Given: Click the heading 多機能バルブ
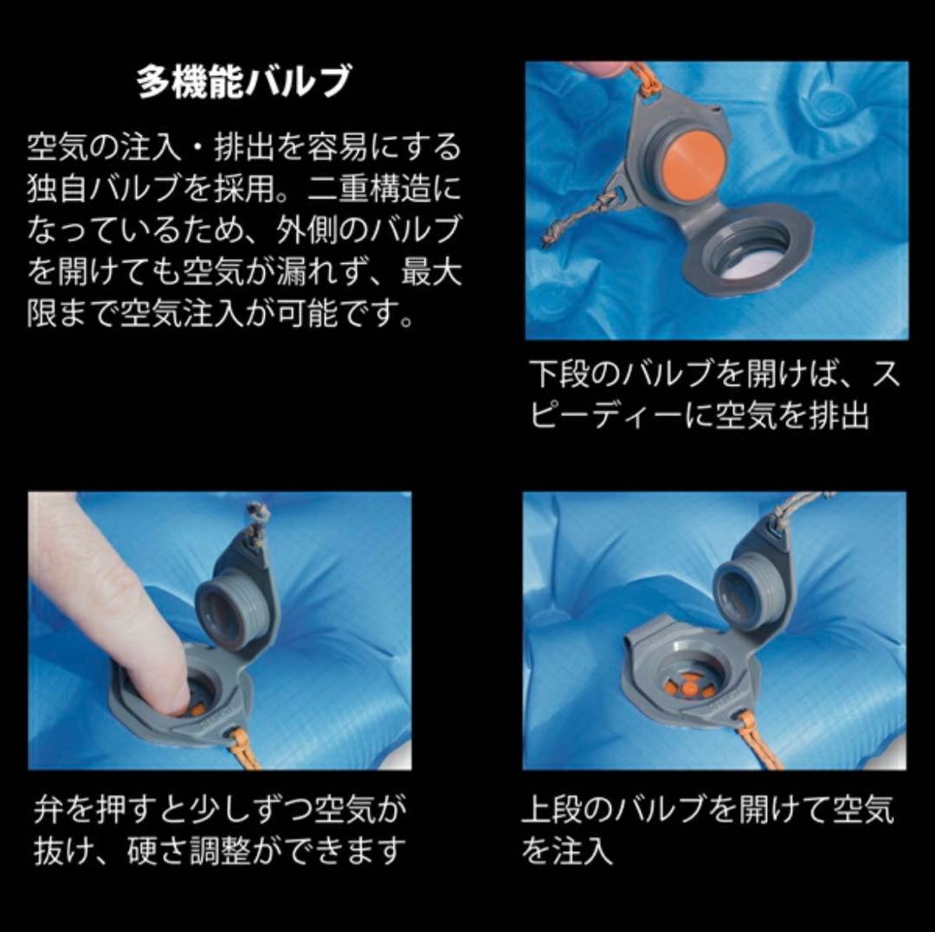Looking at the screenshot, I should [244, 82].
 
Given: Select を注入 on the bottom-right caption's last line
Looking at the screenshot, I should [567, 851].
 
